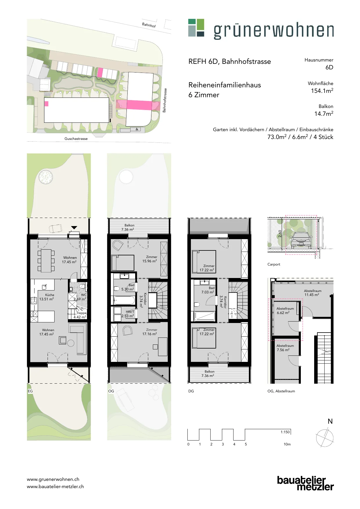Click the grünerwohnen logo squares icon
[196, 28]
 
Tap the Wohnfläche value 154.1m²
[322, 91]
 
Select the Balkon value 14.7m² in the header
[324, 113]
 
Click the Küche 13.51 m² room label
[46, 297]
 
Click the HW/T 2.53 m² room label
[128, 314]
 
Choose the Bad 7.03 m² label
[208, 290]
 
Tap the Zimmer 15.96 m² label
[150, 259]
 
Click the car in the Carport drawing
[301, 240]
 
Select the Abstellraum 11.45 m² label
[312, 293]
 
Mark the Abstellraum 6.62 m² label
[285, 311]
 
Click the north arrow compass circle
[325, 438]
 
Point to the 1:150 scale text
[285, 432]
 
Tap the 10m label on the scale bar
[287, 444]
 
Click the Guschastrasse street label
[76, 139]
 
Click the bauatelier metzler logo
[305, 483]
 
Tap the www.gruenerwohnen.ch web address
[53, 479]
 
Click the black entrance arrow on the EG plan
[74, 228]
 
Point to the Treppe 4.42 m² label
[81, 315]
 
